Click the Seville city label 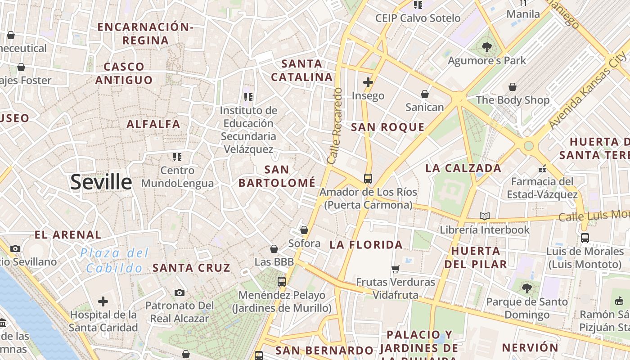(101, 182)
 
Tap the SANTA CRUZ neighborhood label (191, 268)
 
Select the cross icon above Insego (368, 82)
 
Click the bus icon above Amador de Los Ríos (368, 178)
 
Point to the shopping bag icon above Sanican (424, 94)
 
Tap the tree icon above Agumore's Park (486, 47)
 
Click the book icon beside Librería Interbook (484, 216)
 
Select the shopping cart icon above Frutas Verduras (395, 269)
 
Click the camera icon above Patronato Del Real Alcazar (180, 293)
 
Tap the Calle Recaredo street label (335, 126)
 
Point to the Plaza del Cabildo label (114, 261)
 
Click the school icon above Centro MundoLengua (177, 157)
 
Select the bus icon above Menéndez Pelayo (282, 282)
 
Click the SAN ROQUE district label (387, 127)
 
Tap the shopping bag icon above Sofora (304, 230)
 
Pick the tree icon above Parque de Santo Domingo (526, 288)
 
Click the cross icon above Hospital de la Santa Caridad (103, 301)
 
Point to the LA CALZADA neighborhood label (463, 168)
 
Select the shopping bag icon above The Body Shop (512, 87)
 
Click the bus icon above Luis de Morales (585, 238)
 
